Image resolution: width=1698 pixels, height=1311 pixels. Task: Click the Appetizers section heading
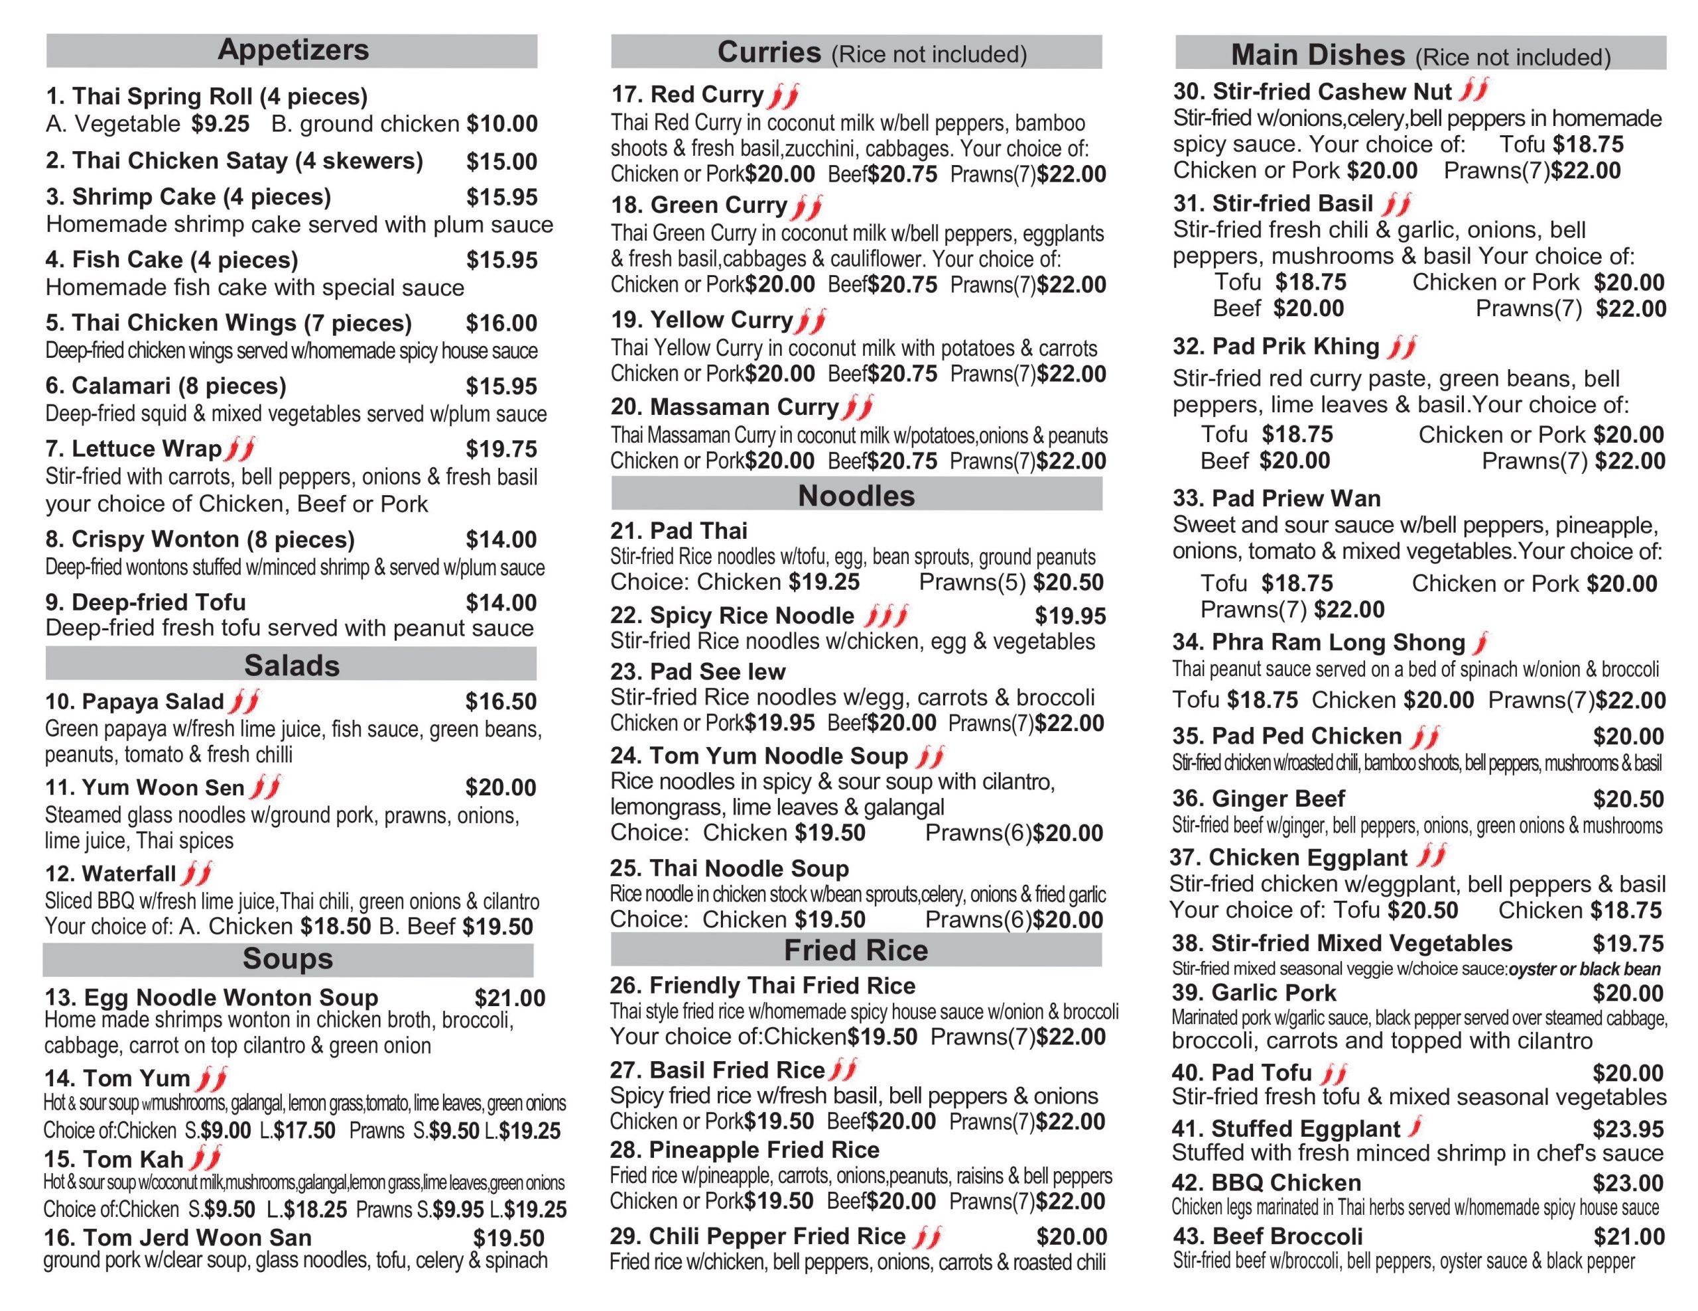[x=293, y=50]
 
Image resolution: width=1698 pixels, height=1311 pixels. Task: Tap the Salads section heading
[x=292, y=665]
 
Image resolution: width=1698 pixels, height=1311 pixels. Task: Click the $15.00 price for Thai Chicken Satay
[x=501, y=162]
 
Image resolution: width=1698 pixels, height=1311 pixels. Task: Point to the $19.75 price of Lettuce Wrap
[x=501, y=449]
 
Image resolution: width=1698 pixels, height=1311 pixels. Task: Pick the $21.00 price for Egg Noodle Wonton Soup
[x=510, y=997]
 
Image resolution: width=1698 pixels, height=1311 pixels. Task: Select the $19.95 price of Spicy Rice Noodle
[x=1070, y=616]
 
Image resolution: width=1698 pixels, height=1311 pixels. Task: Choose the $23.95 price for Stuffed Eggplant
[x=1628, y=1128]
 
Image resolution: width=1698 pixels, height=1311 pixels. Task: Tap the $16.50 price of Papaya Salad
[x=501, y=702]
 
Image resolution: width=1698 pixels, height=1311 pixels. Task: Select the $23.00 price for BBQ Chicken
[x=1628, y=1183]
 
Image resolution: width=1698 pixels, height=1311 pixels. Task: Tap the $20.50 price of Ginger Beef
[x=1628, y=799]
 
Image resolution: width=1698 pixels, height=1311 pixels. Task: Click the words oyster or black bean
[x=1584, y=969]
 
